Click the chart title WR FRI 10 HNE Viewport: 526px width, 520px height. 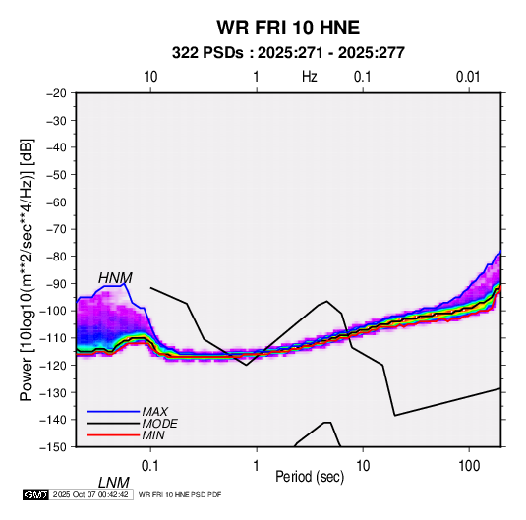coord(288,28)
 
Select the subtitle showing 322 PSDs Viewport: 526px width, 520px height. coord(288,53)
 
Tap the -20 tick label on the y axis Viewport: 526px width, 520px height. coord(56,93)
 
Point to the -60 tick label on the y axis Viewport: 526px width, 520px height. coord(56,202)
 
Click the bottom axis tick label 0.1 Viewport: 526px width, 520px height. coord(150,466)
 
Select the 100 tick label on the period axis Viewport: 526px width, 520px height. coord(469,466)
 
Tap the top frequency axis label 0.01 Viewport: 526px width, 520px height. coord(468,77)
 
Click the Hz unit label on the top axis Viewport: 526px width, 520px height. coord(310,77)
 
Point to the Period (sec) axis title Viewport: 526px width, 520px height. coord(310,477)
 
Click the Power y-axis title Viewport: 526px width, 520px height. coord(27,269)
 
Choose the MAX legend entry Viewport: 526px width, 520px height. coord(155,412)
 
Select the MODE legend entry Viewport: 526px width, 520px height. coord(159,424)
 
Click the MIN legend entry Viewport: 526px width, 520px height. coord(153,435)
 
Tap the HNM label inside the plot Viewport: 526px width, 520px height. coord(115,278)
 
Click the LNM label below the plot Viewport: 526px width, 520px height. coord(114,483)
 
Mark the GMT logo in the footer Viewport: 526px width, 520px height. coord(36,494)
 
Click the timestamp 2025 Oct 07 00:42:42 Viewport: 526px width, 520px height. coord(90,494)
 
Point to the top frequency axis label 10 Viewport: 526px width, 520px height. coord(150,77)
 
